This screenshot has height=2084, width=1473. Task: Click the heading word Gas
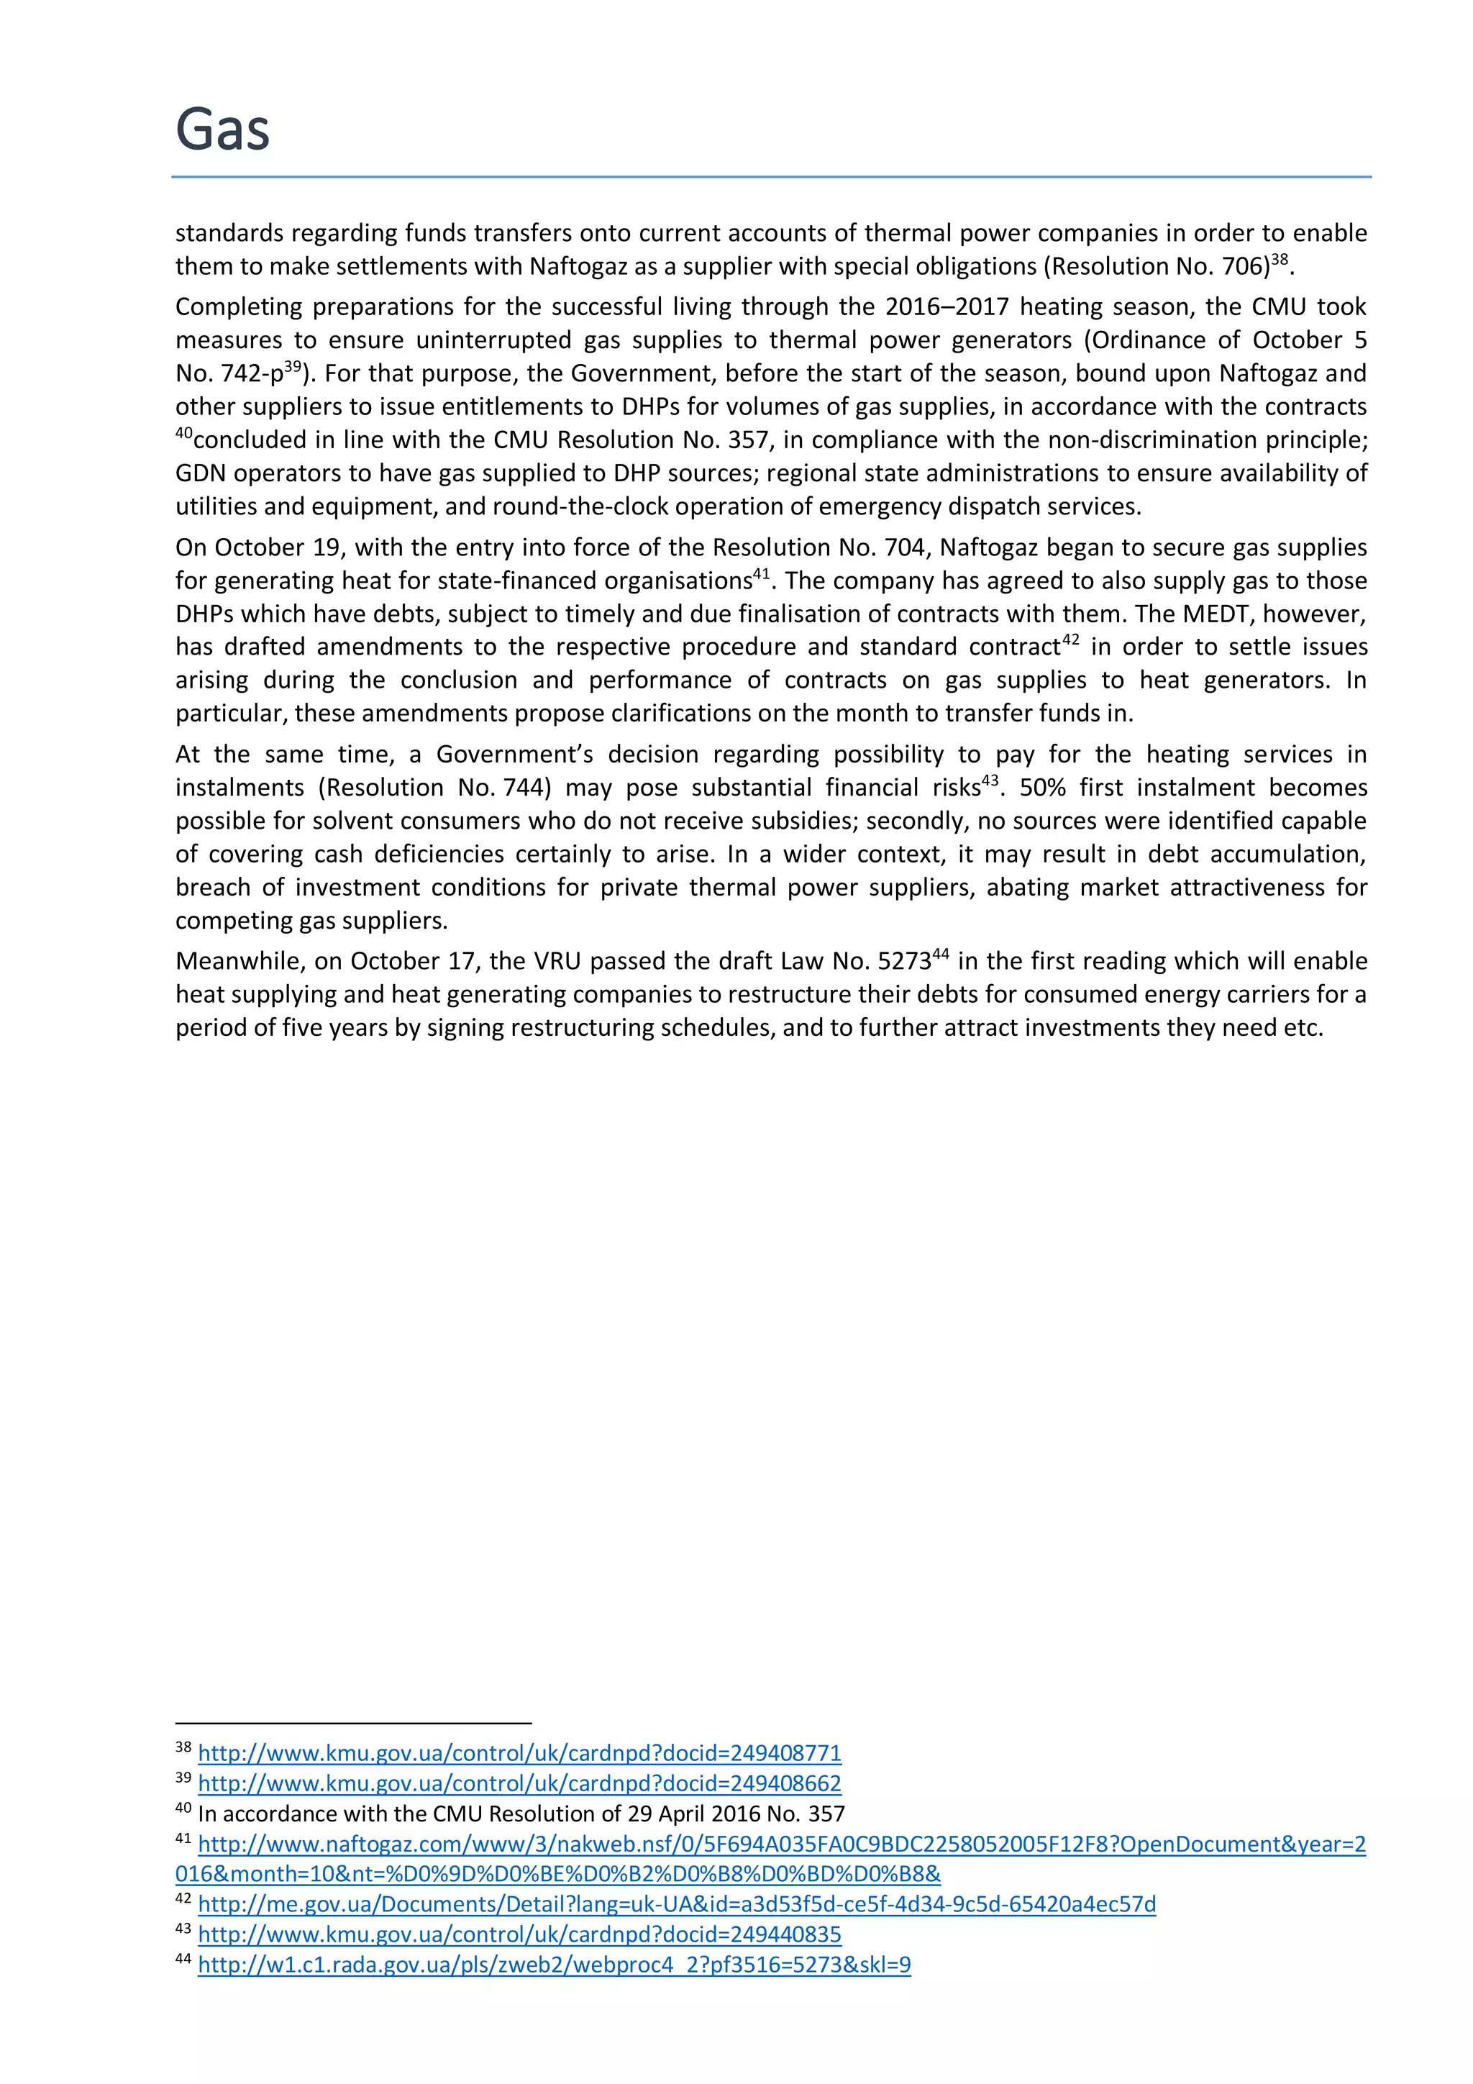(x=222, y=129)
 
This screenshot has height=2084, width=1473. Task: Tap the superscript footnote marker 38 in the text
(x=1279, y=260)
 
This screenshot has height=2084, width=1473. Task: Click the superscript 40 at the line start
(x=183, y=433)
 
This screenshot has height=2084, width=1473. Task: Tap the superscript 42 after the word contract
(x=1071, y=640)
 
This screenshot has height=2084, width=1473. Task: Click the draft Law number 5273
(x=904, y=961)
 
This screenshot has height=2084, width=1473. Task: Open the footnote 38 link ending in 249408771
(x=519, y=1752)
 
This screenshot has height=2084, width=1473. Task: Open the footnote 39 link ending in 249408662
(x=519, y=1783)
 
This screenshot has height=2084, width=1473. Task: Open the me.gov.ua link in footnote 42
(x=676, y=1903)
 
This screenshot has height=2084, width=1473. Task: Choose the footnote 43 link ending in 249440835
(x=519, y=1934)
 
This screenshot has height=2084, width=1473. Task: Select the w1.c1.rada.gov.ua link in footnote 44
(x=554, y=1964)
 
